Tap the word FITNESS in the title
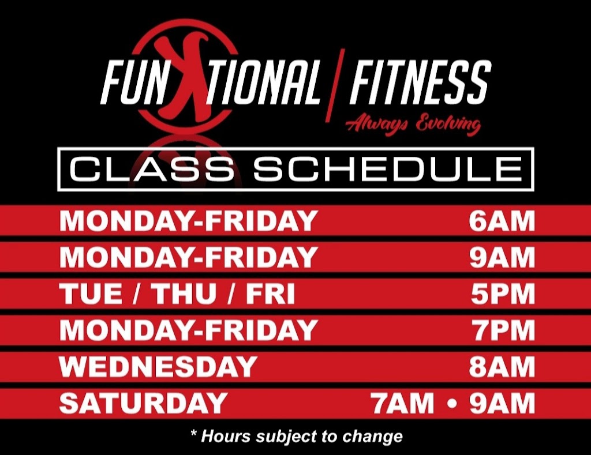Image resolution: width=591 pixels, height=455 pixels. pyautogui.click(x=420, y=84)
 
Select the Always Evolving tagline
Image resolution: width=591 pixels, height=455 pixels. pyautogui.click(x=413, y=124)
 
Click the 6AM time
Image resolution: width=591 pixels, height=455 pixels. pyautogui.click(x=502, y=222)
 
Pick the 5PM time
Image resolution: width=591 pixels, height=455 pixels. pyautogui.click(x=502, y=294)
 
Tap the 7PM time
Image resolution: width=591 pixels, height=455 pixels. pyautogui.click(x=502, y=330)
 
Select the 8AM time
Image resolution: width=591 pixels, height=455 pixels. pyautogui.click(x=502, y=367)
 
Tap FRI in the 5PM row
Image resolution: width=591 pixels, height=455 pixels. pyautogui.click(x=270, y=294)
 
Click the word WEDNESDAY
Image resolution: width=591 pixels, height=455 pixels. pyautogui.click(x=158, y=367)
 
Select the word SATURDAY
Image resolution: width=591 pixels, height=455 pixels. pyautogui.click(x=143, y=403)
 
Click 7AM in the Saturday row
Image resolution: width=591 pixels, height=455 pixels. pyautogui.click(x=403, y=403)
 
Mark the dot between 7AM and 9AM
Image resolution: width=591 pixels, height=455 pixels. pyautogui.click(x=452, y=404)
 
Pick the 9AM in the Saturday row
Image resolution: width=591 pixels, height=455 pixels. pyautogui.click(x=502, y=403)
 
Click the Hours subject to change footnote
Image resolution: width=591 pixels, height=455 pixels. pyautogui.click(x=296, y=435)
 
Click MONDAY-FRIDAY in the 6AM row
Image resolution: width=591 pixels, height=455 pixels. pyautogui.click(x=188, y=222)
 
